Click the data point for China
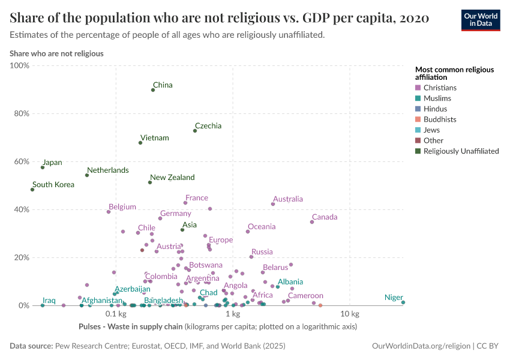coord(153,90)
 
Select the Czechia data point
coord(195,131)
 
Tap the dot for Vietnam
coord(140,143)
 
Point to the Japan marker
coord(43,167)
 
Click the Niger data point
coord(403,302)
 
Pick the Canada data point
coord(312,222)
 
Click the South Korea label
coord(53,185)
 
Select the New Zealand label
coord(172,178)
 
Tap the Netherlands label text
coord(107,170)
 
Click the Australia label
coord(287,199)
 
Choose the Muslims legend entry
coord(437,98)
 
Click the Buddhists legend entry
coord(439,119)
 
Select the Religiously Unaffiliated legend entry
coord(461,151)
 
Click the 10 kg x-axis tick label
coord(350,314)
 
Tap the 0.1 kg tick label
coord(115,314)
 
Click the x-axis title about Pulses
coord(217,327)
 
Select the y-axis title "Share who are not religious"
coord(56,53)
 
